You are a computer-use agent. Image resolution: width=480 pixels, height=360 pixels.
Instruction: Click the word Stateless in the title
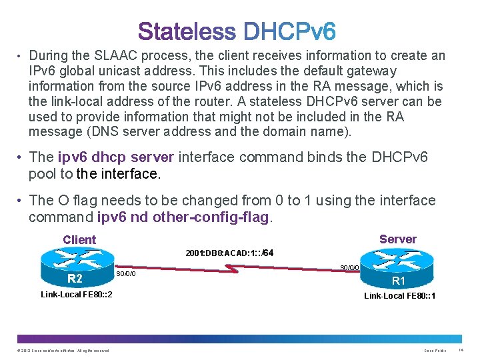click(187, 31)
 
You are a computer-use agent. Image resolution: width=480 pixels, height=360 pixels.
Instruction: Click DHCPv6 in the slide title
click(290, 31)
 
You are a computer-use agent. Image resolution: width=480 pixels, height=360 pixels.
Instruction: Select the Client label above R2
click(79, 240)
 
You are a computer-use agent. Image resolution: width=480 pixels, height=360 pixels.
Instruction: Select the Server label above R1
click(397, 239)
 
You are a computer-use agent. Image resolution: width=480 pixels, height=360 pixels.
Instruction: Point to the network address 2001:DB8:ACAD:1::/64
click(229, 253)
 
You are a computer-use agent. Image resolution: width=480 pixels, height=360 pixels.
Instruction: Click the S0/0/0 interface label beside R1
click(350, 267)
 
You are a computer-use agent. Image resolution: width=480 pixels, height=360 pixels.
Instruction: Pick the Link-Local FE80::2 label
click(76, 295)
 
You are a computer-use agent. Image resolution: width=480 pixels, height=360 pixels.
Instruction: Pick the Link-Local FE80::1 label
click(399, 295)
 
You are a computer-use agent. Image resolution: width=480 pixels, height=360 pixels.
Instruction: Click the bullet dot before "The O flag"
click(21, 201)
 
